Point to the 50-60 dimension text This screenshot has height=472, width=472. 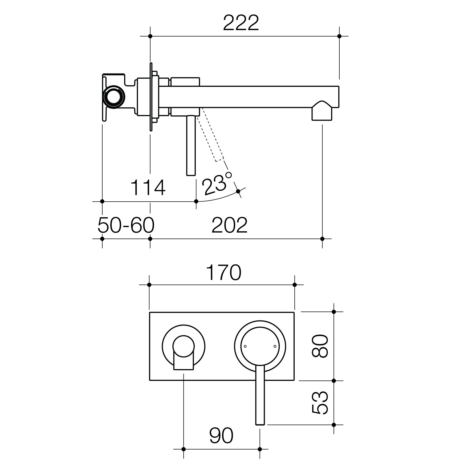coord(126,225)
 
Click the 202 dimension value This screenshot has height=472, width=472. coord(230,225)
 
